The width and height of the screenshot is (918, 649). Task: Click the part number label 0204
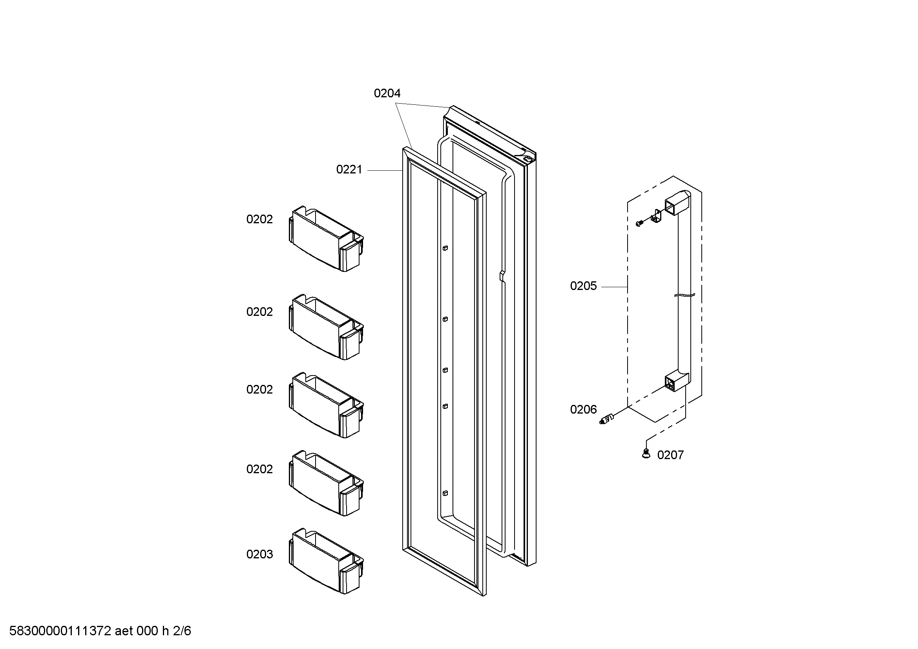387,93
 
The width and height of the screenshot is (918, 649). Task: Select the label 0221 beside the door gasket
349,170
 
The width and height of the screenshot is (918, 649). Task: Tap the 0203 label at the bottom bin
259,554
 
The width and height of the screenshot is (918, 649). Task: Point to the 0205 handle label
583,286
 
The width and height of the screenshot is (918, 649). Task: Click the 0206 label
583,410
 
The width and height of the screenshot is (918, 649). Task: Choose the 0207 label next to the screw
670,455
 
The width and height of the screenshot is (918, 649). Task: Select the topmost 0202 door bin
326,239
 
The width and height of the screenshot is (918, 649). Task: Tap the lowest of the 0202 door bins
326,483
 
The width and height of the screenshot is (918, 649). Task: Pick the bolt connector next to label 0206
607,419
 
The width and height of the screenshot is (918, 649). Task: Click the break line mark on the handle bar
684,296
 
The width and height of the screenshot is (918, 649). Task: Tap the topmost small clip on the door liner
445,248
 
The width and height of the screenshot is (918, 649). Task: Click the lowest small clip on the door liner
445,493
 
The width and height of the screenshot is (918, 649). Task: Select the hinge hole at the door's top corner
527,159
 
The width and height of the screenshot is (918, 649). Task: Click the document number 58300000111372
60,631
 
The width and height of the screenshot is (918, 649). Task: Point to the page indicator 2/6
182,631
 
